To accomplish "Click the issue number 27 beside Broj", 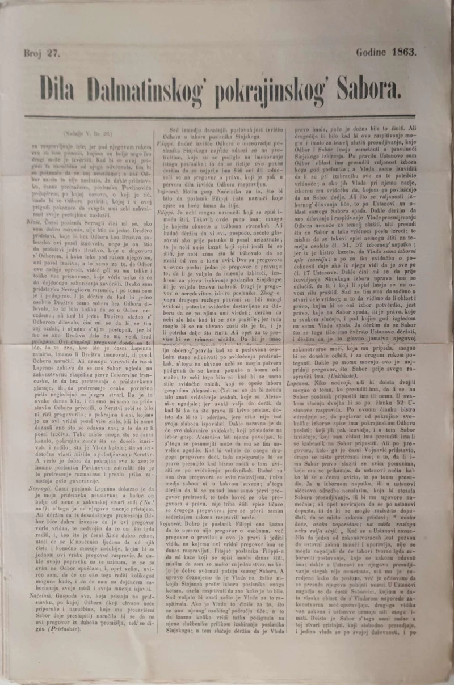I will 53,54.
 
